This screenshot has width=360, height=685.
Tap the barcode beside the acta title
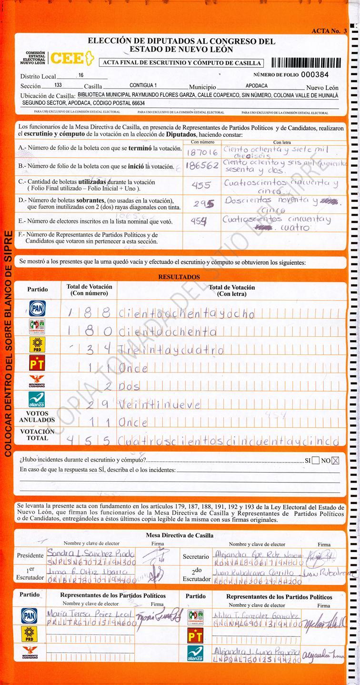coord(306,62)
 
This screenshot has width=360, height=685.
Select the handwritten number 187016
coord(202,152)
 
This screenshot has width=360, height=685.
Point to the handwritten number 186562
coord(202,166)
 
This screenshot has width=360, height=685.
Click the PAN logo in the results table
coord(37,309)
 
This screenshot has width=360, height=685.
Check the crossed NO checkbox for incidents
coord(335,460)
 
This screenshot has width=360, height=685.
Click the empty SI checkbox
coord(316,460)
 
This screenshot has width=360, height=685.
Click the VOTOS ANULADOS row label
coord(37,417)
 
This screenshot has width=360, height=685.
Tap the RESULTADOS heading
coord(179,277)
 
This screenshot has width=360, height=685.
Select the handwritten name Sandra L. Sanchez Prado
coord(90,555)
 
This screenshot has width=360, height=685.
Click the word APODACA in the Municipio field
coord(256,86)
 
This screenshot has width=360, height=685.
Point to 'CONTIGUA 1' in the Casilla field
coord(143,86)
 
